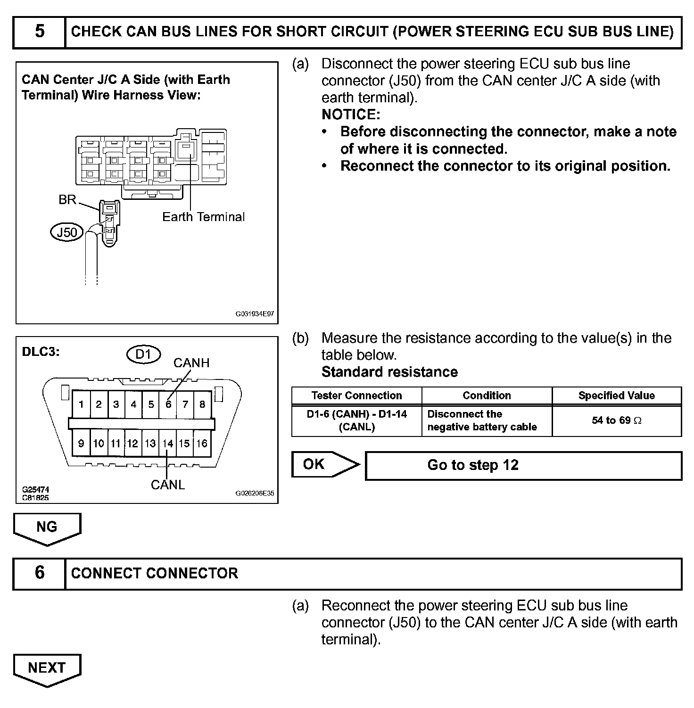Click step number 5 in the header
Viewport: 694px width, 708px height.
(40, 32)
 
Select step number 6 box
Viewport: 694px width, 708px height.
(40, 573)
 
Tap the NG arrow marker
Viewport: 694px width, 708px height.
(47, 527)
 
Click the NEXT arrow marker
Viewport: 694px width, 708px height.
(47, 668)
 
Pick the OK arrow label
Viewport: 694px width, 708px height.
(314, 464)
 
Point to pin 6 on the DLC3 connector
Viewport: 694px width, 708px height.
(168, 404)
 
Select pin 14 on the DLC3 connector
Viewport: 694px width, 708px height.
(168, 444)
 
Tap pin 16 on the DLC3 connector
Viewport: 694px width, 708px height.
(202, 444)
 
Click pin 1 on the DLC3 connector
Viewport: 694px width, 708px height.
(82, 404)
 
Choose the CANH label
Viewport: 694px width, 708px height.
(191, 363)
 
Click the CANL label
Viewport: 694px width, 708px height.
(168, 485)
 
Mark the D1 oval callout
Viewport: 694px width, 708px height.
(143, 354)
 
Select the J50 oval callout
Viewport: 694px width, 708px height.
(66, 232)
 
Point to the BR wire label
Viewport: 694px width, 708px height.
(67, 199)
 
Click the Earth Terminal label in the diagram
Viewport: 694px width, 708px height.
(204, 217)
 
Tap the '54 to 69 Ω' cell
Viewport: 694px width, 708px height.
(617, 420)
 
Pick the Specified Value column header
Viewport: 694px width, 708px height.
(617, 395)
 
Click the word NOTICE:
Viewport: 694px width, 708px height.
(351, 114)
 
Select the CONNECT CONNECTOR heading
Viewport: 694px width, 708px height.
(155, 573)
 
